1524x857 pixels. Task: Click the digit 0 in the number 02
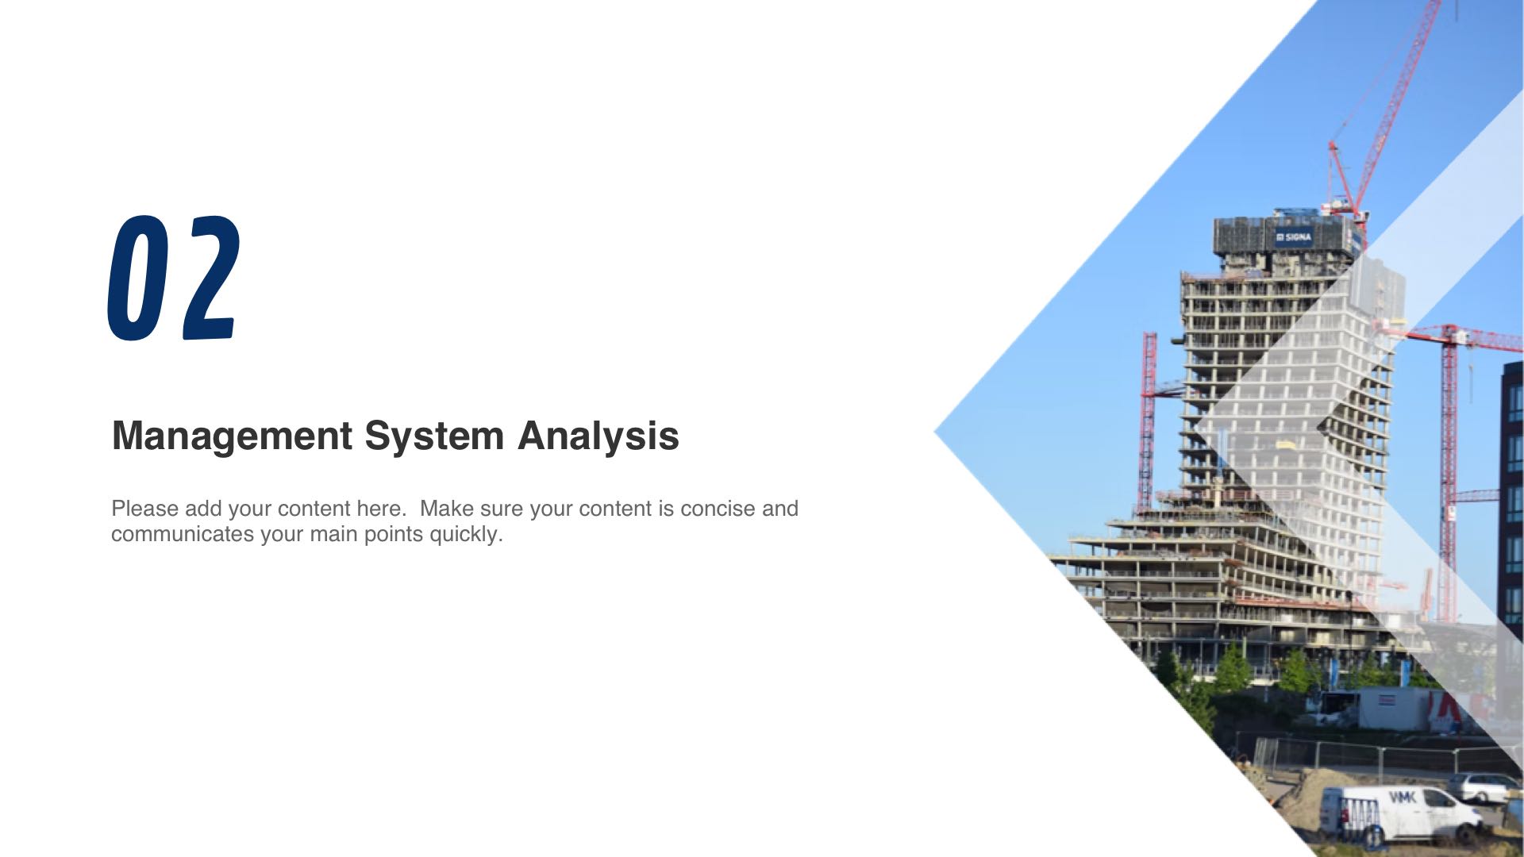click(138, 279)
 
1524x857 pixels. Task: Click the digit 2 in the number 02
click(210, 278)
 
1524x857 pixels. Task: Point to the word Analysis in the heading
click(598, 436)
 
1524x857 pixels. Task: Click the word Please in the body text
click(145, 508)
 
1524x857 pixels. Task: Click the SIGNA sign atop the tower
click(1294, 236)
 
